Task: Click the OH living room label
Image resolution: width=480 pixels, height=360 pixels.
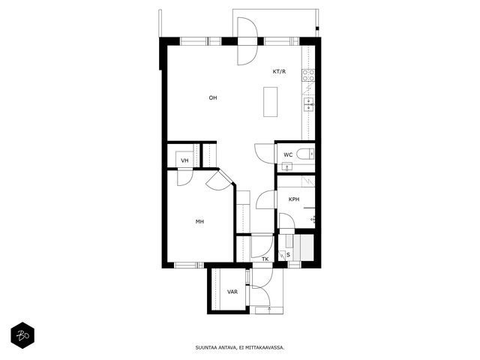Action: coord(213,98)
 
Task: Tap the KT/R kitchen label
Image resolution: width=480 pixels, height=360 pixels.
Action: coord(279,72)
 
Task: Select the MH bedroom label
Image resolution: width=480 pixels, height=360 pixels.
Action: coord(199,222)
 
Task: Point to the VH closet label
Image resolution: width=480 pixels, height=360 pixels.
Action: coord(184,160)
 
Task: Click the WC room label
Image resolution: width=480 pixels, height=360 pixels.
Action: coord(288,155)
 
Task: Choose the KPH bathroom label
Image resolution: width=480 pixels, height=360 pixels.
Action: coord(294,199)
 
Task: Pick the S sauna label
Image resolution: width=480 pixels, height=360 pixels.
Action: coord(288,255)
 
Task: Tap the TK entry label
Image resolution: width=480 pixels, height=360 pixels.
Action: coord(265,259)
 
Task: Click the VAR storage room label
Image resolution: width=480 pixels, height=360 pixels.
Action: coord(232,292)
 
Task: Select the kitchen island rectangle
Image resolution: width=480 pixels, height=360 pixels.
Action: coord(271,102)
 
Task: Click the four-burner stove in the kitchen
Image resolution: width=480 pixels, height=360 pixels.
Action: coord(308,75)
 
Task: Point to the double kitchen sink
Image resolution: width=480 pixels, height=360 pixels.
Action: coord(308,104)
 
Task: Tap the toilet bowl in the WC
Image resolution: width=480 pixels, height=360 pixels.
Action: coord(305,154)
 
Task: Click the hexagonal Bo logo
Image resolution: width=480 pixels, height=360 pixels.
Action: coord(22,335)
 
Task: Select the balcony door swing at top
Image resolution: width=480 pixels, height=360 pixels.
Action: coord(247,41)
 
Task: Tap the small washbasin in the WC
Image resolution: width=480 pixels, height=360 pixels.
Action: coord(287,166)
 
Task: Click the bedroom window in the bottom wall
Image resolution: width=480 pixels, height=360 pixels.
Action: coord(189,265)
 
